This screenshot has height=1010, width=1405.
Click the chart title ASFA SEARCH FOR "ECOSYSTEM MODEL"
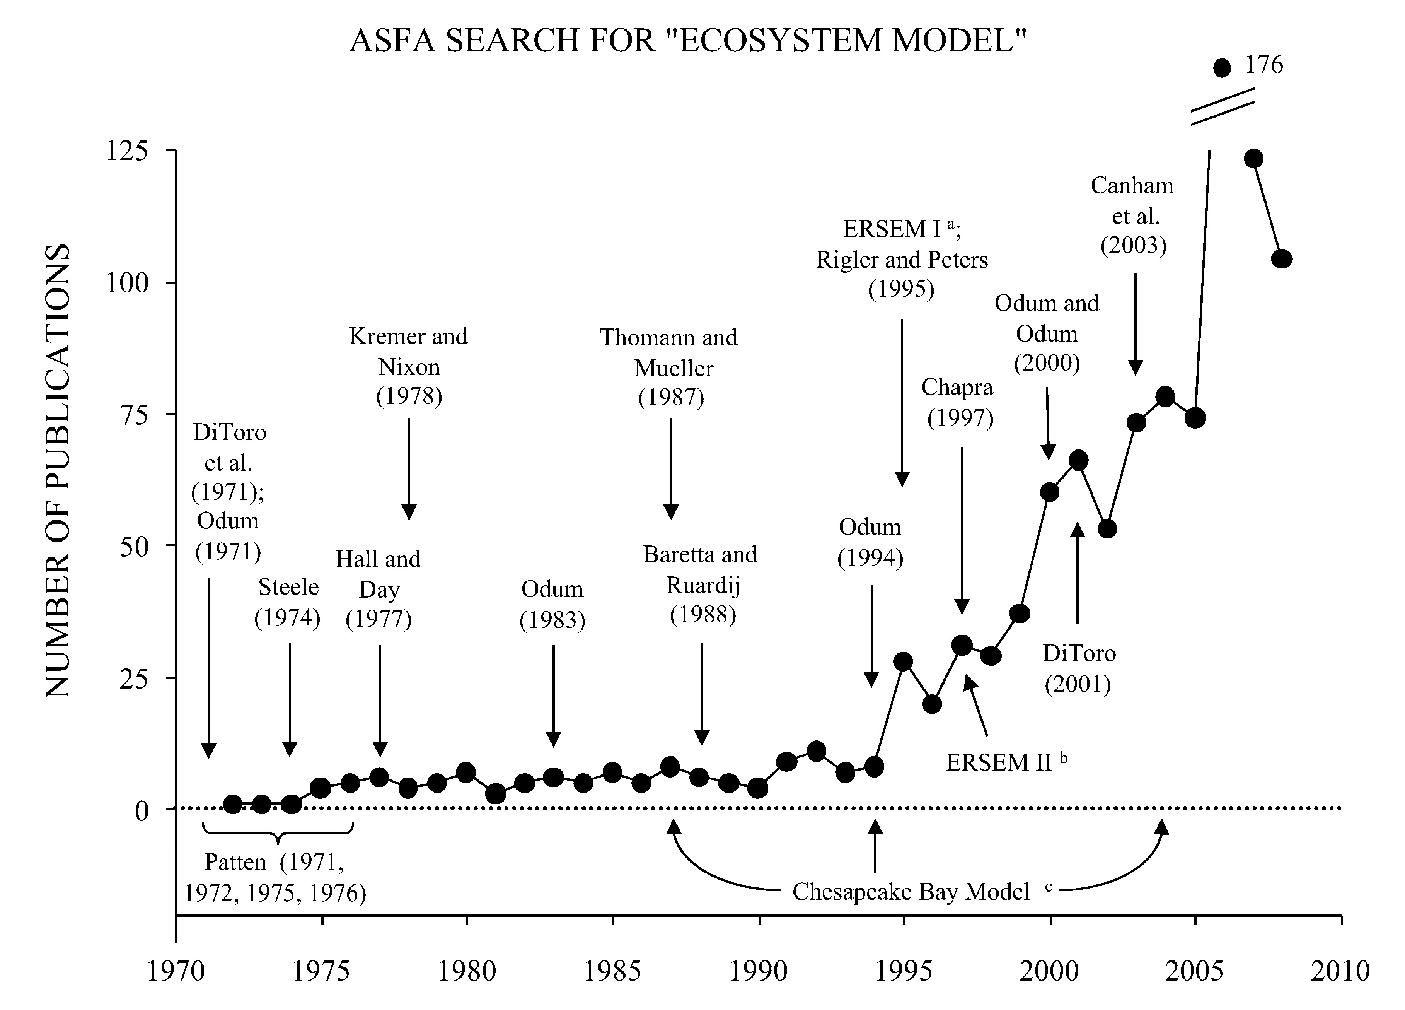click(688, 41)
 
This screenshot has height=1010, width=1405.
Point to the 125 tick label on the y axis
click(127, 150)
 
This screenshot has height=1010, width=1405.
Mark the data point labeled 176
click(1222, 68)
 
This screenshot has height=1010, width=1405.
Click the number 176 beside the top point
click(1264, 65)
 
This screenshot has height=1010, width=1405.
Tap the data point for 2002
click(1107, 528)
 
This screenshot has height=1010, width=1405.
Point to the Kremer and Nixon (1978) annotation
click(409, 366)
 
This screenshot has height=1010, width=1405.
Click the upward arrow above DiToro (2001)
click(1077, 573)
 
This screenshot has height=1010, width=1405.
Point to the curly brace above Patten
click(278, 832)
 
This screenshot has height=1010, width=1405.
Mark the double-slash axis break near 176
click(1222, 106)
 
